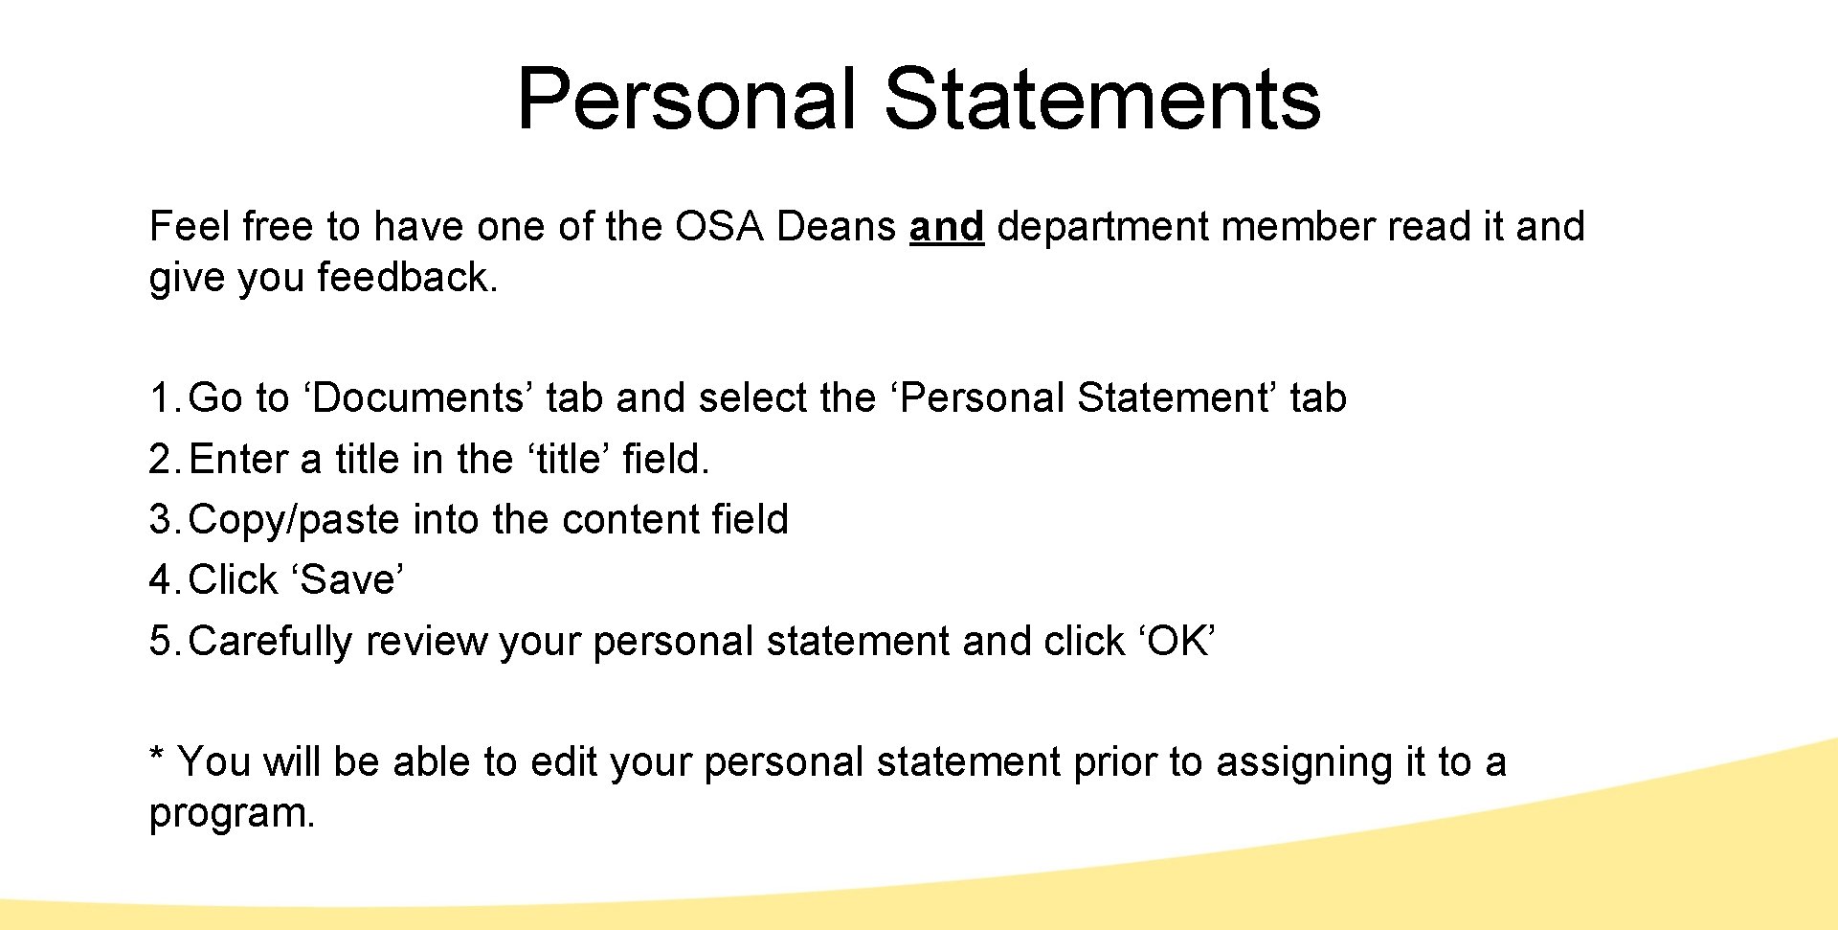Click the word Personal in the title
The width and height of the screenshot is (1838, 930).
pos(685,99)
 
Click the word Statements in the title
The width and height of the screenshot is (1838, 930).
pos(1102,99)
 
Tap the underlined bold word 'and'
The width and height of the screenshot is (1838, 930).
pos(946,227)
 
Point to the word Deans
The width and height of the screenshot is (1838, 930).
pos(836,227)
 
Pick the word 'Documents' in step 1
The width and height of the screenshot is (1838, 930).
pos(418,398)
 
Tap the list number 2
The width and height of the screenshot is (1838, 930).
pos(160,460)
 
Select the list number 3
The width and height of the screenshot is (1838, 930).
pos(160,520)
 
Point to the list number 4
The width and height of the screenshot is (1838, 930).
pos(160,580)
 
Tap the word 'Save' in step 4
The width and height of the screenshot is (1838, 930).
pos(347,580)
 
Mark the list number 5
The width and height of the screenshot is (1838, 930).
pos(160,642)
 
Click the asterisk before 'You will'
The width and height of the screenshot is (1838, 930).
pos(157,757)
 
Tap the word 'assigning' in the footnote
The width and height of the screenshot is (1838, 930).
pos(1305,763)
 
